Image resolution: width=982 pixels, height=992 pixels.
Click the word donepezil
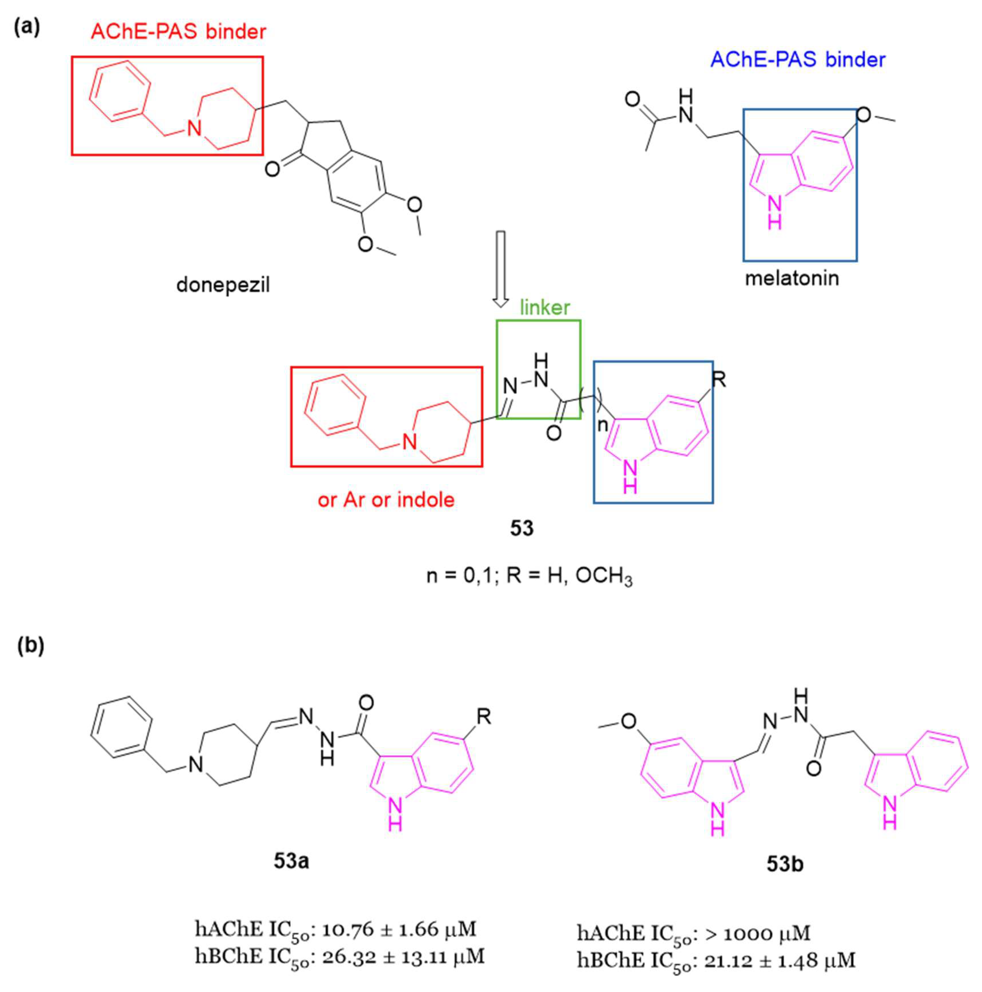(223, 284)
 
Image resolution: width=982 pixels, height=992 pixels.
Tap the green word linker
(545, 307)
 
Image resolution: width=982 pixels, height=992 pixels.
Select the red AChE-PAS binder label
(178, 32)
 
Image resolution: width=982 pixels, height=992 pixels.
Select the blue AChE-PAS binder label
(798, 60)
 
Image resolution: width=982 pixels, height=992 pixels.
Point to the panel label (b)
(31, 645)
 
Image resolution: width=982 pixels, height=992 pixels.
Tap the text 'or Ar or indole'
(386, 500)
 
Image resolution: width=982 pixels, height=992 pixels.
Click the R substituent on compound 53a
(484, 716)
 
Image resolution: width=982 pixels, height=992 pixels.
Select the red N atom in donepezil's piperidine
(194, 128)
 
